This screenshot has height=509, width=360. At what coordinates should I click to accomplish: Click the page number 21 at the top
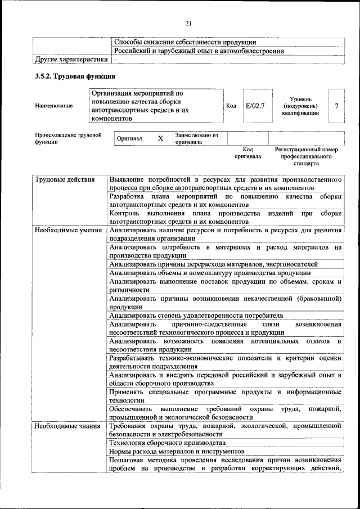point(188,23)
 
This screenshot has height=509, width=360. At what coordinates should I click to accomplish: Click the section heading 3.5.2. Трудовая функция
point(75,76)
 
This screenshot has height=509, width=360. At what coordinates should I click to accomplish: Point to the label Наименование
point(53,106)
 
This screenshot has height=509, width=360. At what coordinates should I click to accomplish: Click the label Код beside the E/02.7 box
point(231,106)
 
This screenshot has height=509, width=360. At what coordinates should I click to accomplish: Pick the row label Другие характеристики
point(71,59)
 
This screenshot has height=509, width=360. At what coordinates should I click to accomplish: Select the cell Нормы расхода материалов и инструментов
point(177,451)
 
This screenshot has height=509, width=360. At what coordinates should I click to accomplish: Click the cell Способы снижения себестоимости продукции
point(185,42)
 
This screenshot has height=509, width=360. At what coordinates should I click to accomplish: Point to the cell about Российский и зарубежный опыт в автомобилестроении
point(199,51)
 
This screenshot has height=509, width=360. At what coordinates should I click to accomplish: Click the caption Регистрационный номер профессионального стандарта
point(306,156)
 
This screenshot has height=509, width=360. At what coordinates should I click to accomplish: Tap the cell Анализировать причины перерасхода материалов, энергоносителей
point(213,264)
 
